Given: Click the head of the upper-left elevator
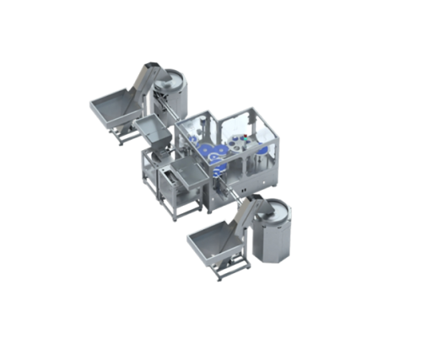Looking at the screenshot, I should click(x=150, y=67).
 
